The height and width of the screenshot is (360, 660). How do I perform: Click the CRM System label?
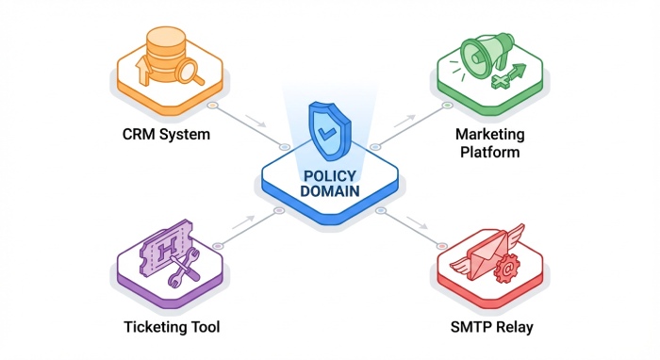pos(166,135)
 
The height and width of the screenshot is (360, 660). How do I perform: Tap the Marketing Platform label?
pos(489,143)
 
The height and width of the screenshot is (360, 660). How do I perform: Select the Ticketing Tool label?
pos(172,327)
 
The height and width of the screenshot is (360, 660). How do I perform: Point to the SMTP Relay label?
pos(491,327)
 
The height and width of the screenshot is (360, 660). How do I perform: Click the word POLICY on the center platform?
pos(330,176)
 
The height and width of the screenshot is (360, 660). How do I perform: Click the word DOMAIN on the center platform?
pos(330,191)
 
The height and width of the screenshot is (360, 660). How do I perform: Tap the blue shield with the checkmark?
pos(329,131)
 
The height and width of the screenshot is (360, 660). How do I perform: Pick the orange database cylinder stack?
pos(165,54)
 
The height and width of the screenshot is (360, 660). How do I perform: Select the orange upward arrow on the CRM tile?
pos(143,71)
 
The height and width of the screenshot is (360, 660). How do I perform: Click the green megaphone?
pos(487,54)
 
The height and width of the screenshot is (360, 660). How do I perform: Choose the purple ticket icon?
pos(165,248)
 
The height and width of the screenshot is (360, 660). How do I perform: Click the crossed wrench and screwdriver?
pos(184,267)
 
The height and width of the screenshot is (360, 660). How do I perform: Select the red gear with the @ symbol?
pos(507,269)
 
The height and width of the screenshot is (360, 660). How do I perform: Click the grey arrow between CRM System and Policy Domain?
pos(256,121)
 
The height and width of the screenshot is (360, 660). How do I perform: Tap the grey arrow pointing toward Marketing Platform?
pos(404,121)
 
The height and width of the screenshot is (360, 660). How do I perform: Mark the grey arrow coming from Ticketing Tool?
pos(243,222)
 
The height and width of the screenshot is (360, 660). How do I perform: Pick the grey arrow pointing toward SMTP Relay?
pos(417,222)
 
